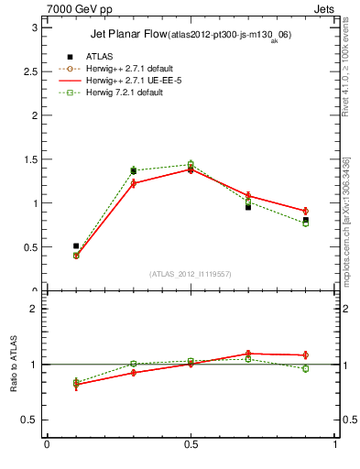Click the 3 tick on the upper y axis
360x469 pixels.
tap(34, 27)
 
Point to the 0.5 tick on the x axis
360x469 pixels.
tap(191, 445)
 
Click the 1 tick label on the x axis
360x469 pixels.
tap(335, 445)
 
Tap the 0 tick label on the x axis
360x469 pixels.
tap(47, 445)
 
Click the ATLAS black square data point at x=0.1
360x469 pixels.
tap(76, 246)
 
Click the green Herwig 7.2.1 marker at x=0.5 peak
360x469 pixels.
tap(191, 164)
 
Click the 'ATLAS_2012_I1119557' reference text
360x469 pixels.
tap(191, 274)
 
